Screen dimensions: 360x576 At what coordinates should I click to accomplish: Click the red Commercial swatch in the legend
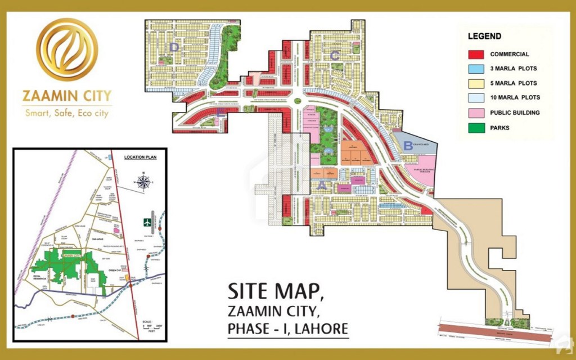click(x=476, y=55)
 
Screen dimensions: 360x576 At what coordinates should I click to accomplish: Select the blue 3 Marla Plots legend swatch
click(x=476, y=69)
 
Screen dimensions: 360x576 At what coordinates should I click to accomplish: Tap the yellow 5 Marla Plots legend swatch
click(x=476, y=83)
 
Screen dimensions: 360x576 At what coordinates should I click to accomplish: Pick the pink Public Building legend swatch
click(x=476, y=112)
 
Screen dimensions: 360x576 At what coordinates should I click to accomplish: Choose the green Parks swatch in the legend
click(x=476, y=128)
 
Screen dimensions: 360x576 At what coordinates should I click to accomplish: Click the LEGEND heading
click(x=484, y=37)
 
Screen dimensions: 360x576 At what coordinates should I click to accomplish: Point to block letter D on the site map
click(x=174, y=48)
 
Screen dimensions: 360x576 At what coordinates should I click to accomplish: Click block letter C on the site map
click(x=334, y=55)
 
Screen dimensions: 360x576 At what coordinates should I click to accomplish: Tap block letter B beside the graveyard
click(x=407, y=145)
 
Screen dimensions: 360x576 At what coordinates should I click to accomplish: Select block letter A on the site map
click(x=322, y=184)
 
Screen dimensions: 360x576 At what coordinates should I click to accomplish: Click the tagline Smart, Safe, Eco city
click(x=67, y=112)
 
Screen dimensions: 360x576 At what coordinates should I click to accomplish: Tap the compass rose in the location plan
click(x=144, y=182)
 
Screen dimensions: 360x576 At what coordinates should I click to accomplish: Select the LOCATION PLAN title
click(x=140, y=157)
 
